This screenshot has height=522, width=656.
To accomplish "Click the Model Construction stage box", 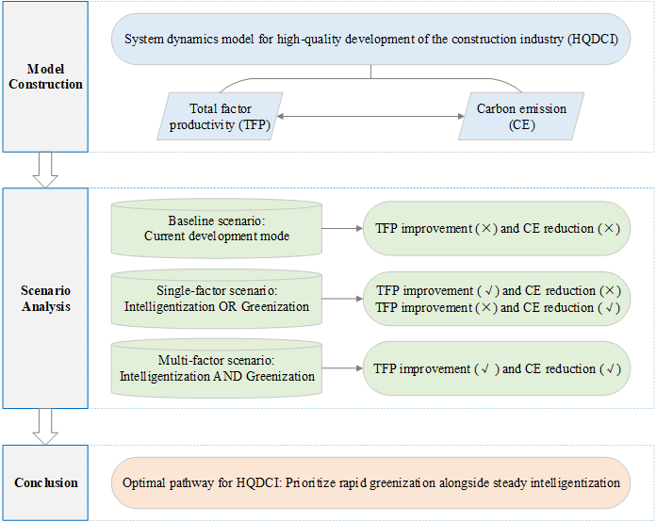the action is pos(45,76).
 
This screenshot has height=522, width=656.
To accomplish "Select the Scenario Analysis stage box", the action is pos(45,299).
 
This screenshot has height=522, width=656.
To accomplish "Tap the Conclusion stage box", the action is pos(45,482).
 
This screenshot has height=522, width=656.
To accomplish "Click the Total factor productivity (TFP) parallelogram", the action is pos(220,116).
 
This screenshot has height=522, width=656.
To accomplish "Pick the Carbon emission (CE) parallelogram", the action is pos(521,116).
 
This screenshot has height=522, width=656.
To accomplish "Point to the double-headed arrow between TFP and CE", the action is pos(370,116).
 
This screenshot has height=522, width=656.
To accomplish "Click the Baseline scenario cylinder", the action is pos(216,228).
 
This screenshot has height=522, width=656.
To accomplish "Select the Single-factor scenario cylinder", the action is pos(216,299).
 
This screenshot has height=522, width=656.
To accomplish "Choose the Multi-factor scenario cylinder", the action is pos(216,368).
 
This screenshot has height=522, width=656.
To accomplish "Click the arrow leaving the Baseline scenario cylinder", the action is pos(342,228).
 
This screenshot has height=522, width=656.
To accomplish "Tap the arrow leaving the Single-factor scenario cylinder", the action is pos(342,299).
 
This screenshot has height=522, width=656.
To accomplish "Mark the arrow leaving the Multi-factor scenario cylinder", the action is pos(342,368).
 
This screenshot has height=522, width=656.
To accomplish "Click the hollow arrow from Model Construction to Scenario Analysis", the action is pos(45,170).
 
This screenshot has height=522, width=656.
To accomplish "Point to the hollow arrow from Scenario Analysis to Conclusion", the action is pos(45,427).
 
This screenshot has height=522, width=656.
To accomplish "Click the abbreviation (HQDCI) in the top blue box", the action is pos(593,40).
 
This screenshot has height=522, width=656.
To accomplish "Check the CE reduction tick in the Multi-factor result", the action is pos(611,369).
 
